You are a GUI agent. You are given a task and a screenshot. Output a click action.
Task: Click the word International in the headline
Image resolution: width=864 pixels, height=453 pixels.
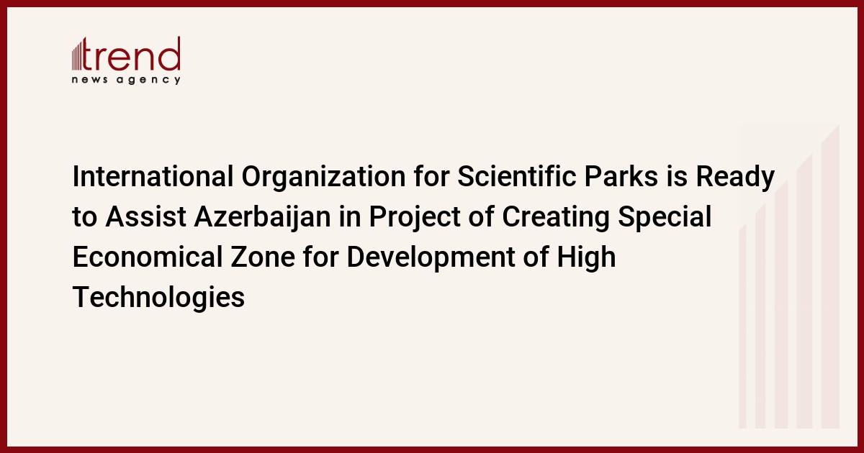click(x=153, y=176)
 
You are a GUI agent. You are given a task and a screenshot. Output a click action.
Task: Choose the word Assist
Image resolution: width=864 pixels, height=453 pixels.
click(x=145, y=216)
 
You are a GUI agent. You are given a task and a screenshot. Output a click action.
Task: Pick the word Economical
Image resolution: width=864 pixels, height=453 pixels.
click(x=148, y=257)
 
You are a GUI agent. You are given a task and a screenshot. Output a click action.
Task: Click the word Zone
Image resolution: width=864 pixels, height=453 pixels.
click(x=263, y=257)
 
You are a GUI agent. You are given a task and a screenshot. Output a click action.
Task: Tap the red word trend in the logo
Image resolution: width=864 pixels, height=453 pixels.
click(x=131, y=53)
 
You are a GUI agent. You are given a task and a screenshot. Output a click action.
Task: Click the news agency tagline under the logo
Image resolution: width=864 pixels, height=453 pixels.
click(x=126, y=80)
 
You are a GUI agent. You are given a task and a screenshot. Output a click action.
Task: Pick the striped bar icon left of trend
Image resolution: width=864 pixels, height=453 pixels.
click(x=77, y=55)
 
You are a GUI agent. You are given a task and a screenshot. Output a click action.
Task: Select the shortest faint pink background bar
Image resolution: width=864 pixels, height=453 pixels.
click(x=742, y=326)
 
